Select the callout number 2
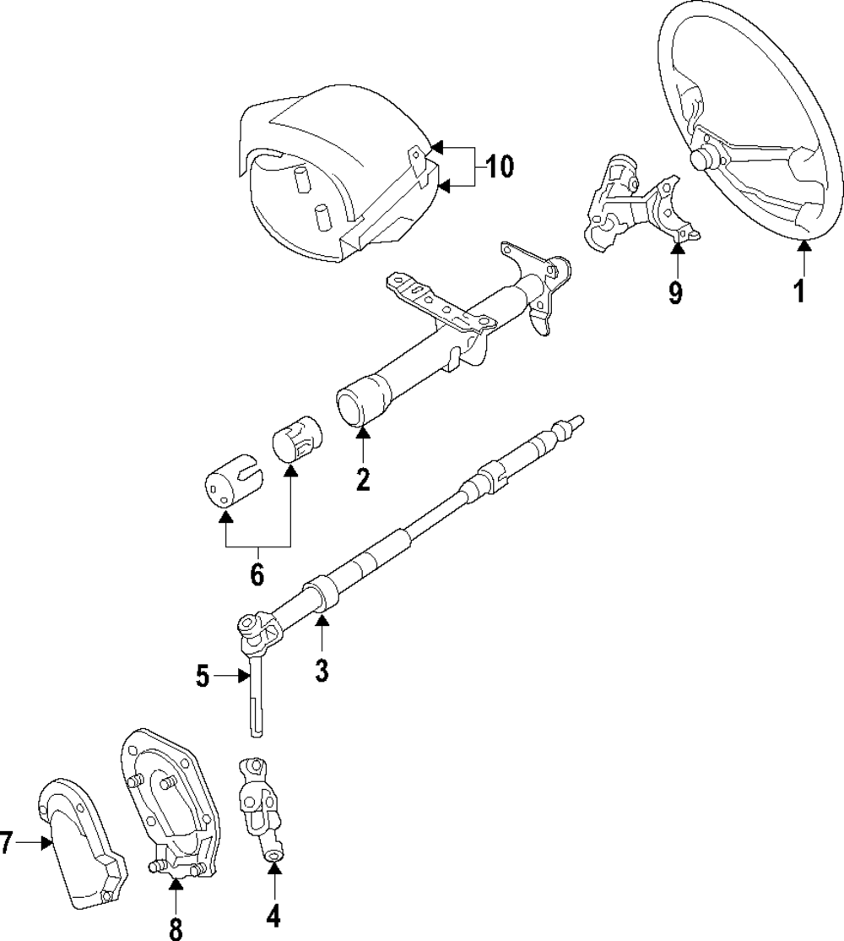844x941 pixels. [x=363, y=479]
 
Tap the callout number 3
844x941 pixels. [x=321, y=672]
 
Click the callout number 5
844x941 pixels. [x=202, y=676]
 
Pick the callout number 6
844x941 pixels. [x=257, y=575]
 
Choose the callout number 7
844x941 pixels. [x=8, y=841]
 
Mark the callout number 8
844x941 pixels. [x=176, y=928]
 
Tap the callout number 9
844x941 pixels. [x=675, y=292]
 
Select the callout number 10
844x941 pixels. [x=500, y=166]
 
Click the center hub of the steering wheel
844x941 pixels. [x=703, y=159]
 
